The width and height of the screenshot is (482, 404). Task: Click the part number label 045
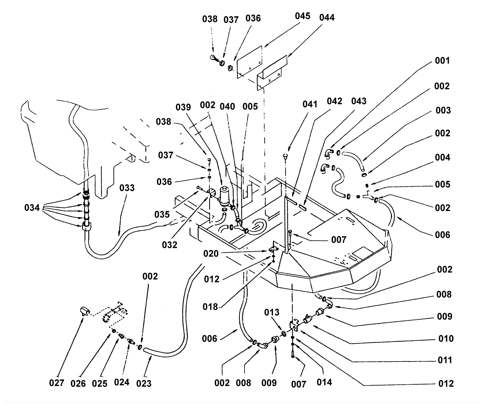point(302,16)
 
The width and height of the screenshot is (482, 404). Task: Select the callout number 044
point(327,17)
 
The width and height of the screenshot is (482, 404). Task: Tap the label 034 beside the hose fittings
point(32,208)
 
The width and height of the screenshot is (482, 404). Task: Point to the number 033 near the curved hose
point(127,188)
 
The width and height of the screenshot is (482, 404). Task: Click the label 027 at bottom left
point(57,383)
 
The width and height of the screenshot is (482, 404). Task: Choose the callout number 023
point(144,383)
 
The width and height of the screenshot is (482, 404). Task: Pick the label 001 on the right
point(442,61)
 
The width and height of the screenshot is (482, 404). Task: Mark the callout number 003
point(443,110)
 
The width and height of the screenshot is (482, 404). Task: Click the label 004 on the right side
point(442,157)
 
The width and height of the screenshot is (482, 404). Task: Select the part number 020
point(211,254)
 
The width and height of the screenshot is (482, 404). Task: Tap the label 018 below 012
point(210,307)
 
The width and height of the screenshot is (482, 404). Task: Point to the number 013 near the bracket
point(272,312)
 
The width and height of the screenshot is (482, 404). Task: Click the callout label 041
point(310,104)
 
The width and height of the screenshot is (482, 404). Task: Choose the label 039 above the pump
point(183,108)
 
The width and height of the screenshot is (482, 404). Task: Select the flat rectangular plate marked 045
point(249,62)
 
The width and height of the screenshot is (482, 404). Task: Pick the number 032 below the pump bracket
point(170,245)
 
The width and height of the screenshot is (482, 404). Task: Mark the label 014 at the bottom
point(324,382)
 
